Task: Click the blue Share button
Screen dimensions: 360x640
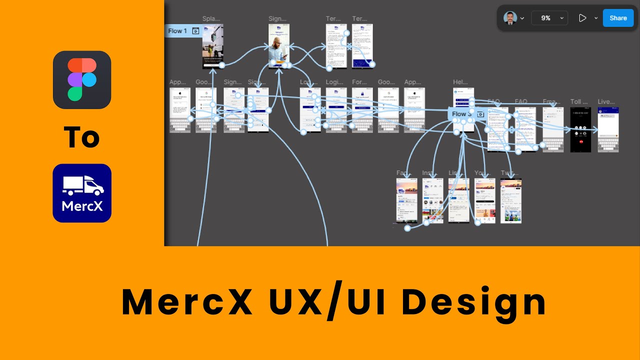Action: tap(618, 18)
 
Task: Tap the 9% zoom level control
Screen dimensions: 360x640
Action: tap(549, 18)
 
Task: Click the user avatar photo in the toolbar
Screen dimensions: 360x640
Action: tap(510, 18)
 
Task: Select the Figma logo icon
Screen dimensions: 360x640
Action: tap(82, 80)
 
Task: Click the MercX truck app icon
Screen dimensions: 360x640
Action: tap(82, 193)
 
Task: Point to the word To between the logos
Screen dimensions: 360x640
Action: tap(82, 137)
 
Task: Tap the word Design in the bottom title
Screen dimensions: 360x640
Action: tap(474, 303)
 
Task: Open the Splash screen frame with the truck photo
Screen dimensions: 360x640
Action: tap(212, 46)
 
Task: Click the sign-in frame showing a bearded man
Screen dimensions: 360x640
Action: tap(278, 46)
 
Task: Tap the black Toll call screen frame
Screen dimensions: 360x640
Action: tap(580, 129)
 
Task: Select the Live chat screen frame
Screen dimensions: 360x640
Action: tap(608, 129)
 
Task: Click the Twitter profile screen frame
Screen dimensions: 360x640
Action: tap(510, 200)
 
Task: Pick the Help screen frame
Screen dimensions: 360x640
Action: tap(463, 100)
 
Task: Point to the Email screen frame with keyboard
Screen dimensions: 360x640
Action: tap(552, 129)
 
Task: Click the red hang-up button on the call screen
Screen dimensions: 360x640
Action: tap(580, 141)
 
